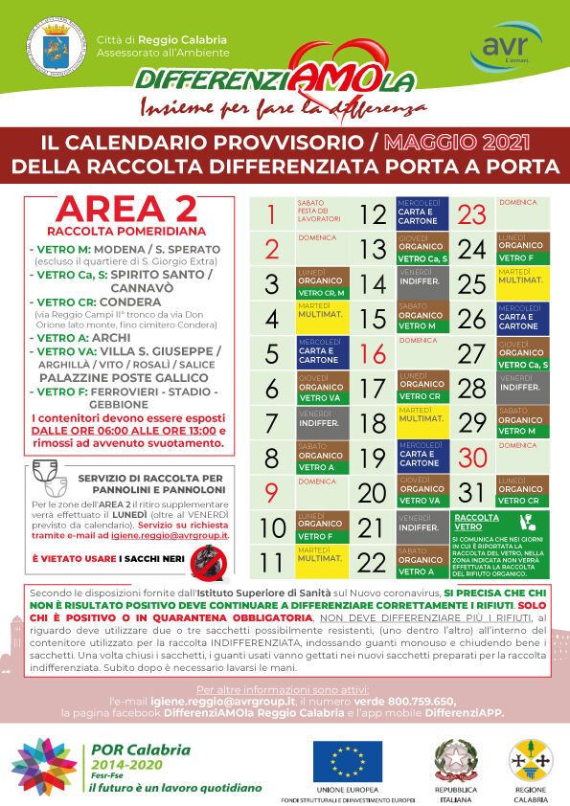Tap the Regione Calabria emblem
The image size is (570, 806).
tap(521, 758)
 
